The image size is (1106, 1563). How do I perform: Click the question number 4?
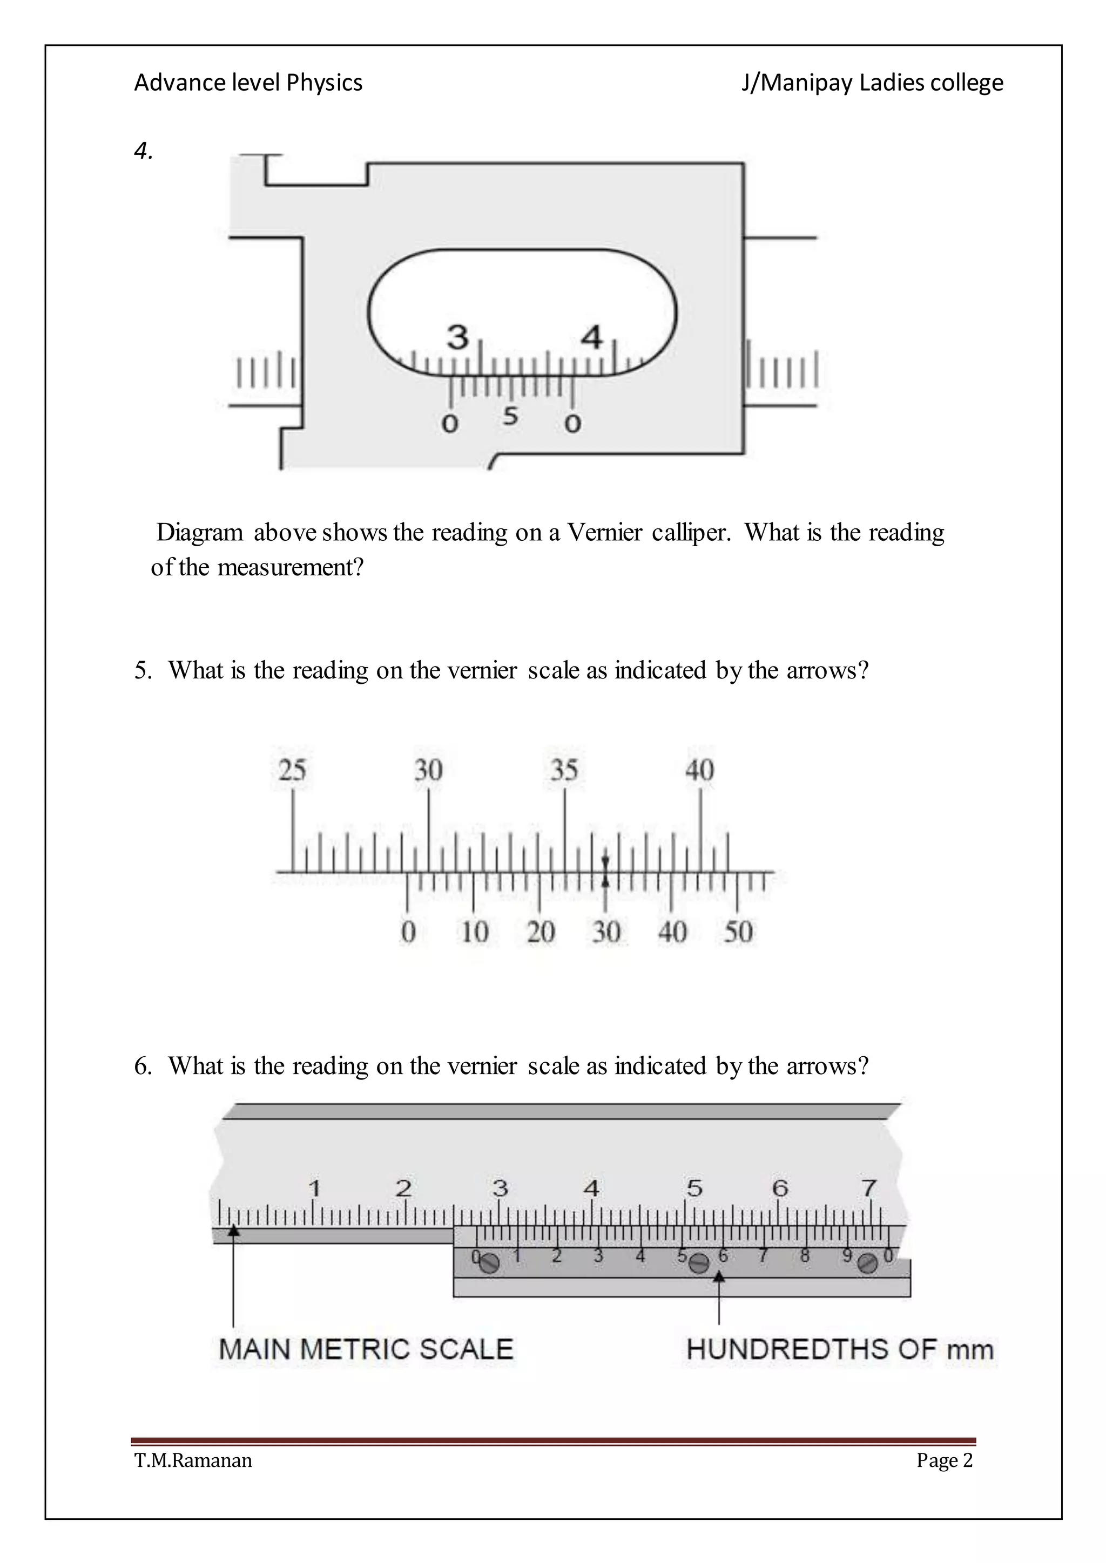click(x=143, y=151)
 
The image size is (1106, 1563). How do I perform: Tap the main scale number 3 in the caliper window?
click(x=457, y=337)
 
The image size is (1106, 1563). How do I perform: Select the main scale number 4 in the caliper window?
click(x=592, y=337)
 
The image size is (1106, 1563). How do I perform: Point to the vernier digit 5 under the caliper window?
click(x=511, y=416)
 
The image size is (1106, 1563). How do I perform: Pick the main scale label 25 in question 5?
click(x=292, y=770)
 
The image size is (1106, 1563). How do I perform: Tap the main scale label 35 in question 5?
click(x=564, y=770)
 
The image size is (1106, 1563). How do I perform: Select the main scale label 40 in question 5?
click(x=699, y=770)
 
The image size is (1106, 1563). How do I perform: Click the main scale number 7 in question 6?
click(x=869, y=1188)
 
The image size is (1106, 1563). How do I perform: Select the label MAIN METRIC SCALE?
click(x=366, y=1349)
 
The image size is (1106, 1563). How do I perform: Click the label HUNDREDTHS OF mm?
click(x=840, y=1349)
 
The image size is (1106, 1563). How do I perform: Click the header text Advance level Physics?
click(x=248, y=83)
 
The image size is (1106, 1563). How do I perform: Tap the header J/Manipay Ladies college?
click(x=872, y=83)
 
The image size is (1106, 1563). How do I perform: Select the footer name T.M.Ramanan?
click(x=193, y=1461)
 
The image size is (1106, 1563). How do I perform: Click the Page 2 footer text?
click(x=945, y=1461)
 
